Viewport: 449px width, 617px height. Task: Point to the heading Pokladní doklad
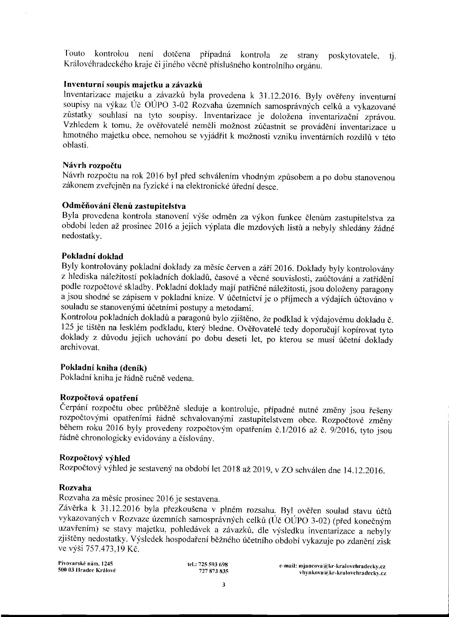click(93, 256)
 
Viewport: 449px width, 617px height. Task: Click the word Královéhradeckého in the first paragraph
click(95, 65)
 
